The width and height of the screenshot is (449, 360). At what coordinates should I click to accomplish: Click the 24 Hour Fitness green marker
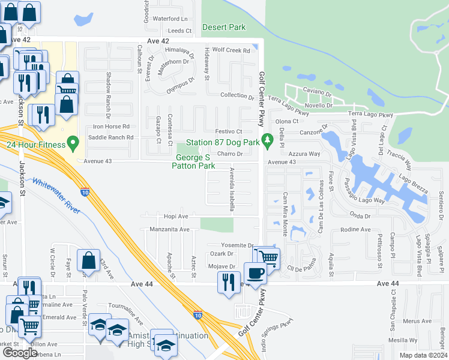click(x=74, y=143)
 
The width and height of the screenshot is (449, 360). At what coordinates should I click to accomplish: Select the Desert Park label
click(x=224, y=27)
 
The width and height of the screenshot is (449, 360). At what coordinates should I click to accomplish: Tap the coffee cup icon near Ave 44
click(x=255, y=273)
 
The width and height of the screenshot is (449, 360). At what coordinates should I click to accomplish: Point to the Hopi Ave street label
click(x=176, y=216)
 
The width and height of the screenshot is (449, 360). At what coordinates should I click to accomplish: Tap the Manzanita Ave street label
click(x=169, y=229)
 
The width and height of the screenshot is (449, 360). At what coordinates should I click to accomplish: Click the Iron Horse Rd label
click(x=111, y=127)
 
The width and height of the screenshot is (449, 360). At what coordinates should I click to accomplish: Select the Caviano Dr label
click(x=317, y=94)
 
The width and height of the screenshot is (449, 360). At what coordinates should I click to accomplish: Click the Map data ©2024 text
click(x=423, y=355)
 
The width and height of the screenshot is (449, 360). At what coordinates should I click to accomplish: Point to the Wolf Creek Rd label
click(x=231, y=51)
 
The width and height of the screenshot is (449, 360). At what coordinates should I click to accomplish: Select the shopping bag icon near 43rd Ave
click(x=88, y=261)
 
